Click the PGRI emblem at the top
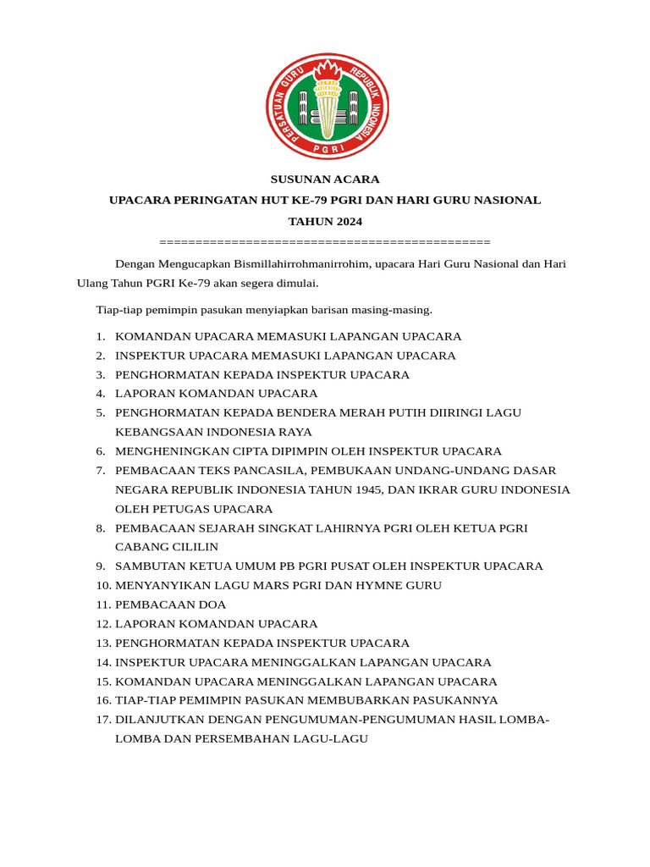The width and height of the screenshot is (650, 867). pos(327,106)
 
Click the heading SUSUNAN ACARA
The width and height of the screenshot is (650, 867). pos(325,179)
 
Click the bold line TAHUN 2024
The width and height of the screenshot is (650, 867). pos(325,222)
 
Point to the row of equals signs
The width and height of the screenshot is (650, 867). pos(325,242)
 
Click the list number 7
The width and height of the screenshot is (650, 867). pos(100,471)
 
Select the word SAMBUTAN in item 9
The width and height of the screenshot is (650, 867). pos(146,566)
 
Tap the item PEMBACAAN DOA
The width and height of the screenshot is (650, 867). pos(170,605)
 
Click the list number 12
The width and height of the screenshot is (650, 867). pos(103,624)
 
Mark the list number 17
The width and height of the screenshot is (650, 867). pos(103,720)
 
